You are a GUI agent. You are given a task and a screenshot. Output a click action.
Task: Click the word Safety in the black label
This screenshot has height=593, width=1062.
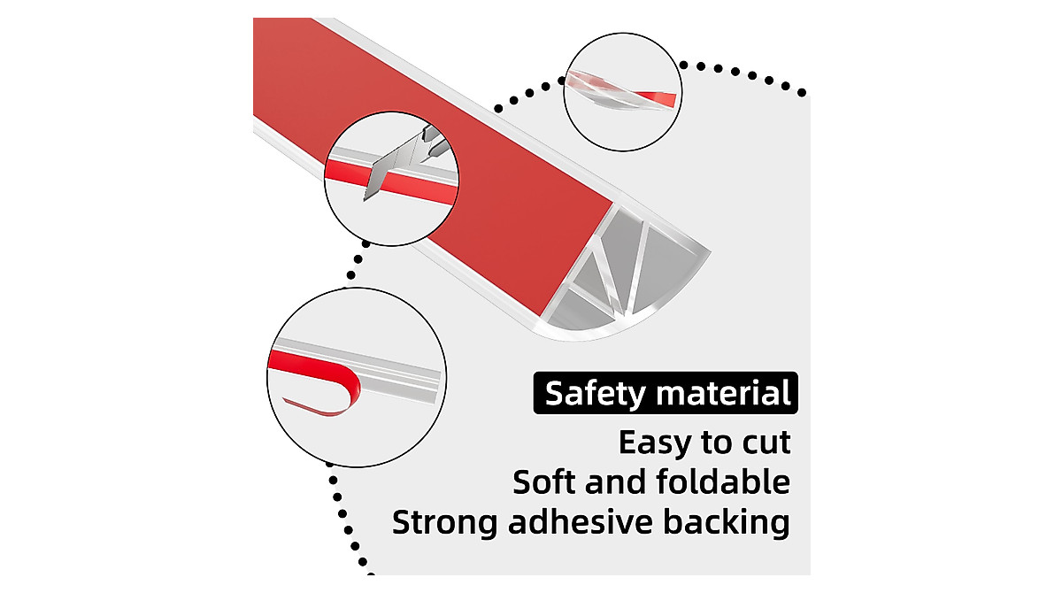596,394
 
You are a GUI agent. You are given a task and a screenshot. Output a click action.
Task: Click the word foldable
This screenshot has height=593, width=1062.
724,481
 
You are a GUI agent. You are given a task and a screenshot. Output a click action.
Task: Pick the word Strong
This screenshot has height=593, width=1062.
444,523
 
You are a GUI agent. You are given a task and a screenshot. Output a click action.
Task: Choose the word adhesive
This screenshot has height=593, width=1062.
581,522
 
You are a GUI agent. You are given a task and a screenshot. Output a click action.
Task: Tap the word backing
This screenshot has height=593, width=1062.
727,523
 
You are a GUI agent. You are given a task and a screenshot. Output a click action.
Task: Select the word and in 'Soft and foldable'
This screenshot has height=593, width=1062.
616,481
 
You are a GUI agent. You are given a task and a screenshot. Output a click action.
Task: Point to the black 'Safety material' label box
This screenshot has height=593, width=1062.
666,393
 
